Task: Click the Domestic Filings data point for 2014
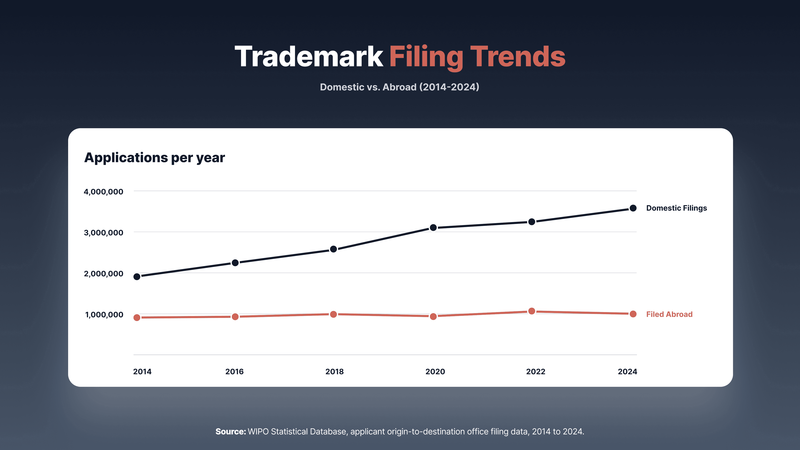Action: [x=137, y=276]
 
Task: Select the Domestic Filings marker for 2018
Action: [x=334, y=249]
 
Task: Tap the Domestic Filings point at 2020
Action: [x=433, y=228]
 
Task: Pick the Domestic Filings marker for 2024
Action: [x=633, y=208]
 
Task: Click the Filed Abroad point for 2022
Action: [x=532, y=311]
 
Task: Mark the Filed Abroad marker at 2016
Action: [x=235, y=316]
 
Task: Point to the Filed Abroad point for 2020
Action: [x=433, y=316]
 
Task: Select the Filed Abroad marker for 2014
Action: [x=137, y=317]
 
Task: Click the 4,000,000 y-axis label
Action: [x=103, y=192]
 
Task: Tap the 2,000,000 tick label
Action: [x=103, y=274]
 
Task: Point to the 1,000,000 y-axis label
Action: [x=104, y=315]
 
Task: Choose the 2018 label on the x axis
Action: [x=334, y=371]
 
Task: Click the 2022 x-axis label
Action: [x=536, y=371]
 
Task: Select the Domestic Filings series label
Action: [x=677, y=208]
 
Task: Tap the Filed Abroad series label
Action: [x=669, y=314]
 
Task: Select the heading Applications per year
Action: [x=155, y=158]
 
